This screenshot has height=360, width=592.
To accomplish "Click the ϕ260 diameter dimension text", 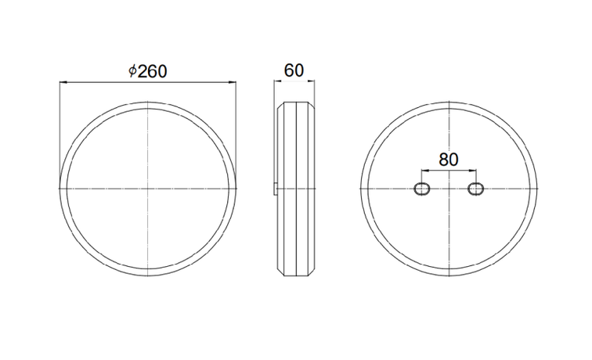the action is (148, 71).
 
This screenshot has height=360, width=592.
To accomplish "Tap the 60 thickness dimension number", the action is (294, 70).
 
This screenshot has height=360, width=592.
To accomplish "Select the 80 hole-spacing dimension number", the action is (449, 160).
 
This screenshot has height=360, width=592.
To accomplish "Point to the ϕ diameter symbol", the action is (132, 71).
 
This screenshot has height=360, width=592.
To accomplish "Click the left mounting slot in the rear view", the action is (422, 189).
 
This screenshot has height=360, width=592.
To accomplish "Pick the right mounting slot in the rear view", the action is (476, 189).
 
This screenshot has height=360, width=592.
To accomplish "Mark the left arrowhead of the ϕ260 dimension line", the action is (63, 82).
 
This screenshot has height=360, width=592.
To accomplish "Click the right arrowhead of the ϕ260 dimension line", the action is (233, 82).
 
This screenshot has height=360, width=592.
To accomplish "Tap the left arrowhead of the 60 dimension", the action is (277, 81).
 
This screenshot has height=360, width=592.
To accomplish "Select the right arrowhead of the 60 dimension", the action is (311, 81).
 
